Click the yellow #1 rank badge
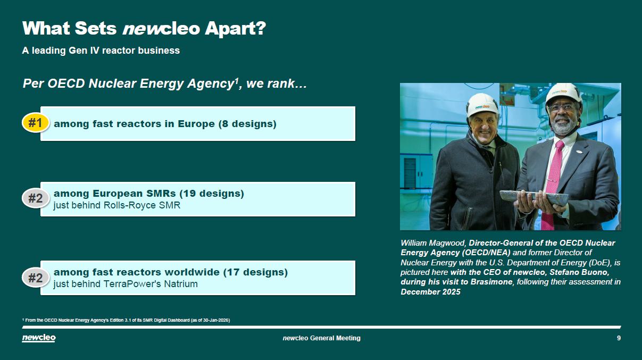point(36,123)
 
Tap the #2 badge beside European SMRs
point(36,198)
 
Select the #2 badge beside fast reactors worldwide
point(36,278)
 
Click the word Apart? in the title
point(235,29)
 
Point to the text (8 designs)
point(247,124)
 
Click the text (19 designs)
point(212,194)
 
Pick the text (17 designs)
point(255,272)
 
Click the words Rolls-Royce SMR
point(142,205)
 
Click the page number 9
point(619,338)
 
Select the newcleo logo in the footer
point(39,338)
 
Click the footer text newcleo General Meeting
point(322,338)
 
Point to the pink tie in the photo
point(552,183)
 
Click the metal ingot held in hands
point(534,198)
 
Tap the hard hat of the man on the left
point(482,105)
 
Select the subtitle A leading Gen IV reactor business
point(101,51)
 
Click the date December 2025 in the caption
point(430,292)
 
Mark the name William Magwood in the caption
point(433,243)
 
